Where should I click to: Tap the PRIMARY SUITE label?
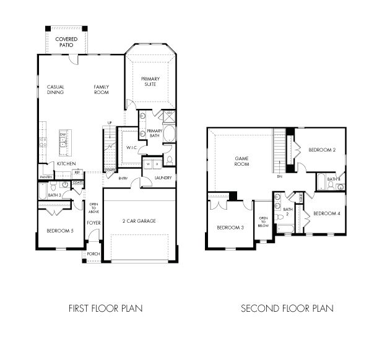coord(150,81)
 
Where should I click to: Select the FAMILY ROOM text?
coord(101,90)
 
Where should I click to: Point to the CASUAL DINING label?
coord(56,90)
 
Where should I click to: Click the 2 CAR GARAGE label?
coord(139,221)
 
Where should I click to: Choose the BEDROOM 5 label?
coord(59,231)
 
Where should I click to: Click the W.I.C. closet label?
coord(131,148)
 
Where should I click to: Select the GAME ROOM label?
coord(241,161)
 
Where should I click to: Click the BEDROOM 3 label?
coord(229,228)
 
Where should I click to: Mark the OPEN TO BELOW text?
coord(263,222)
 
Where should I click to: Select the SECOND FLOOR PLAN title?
coord(287,307)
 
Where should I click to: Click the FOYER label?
coord(93,223)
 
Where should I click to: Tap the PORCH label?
coord(93,254)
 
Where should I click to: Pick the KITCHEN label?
coord(66,163)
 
